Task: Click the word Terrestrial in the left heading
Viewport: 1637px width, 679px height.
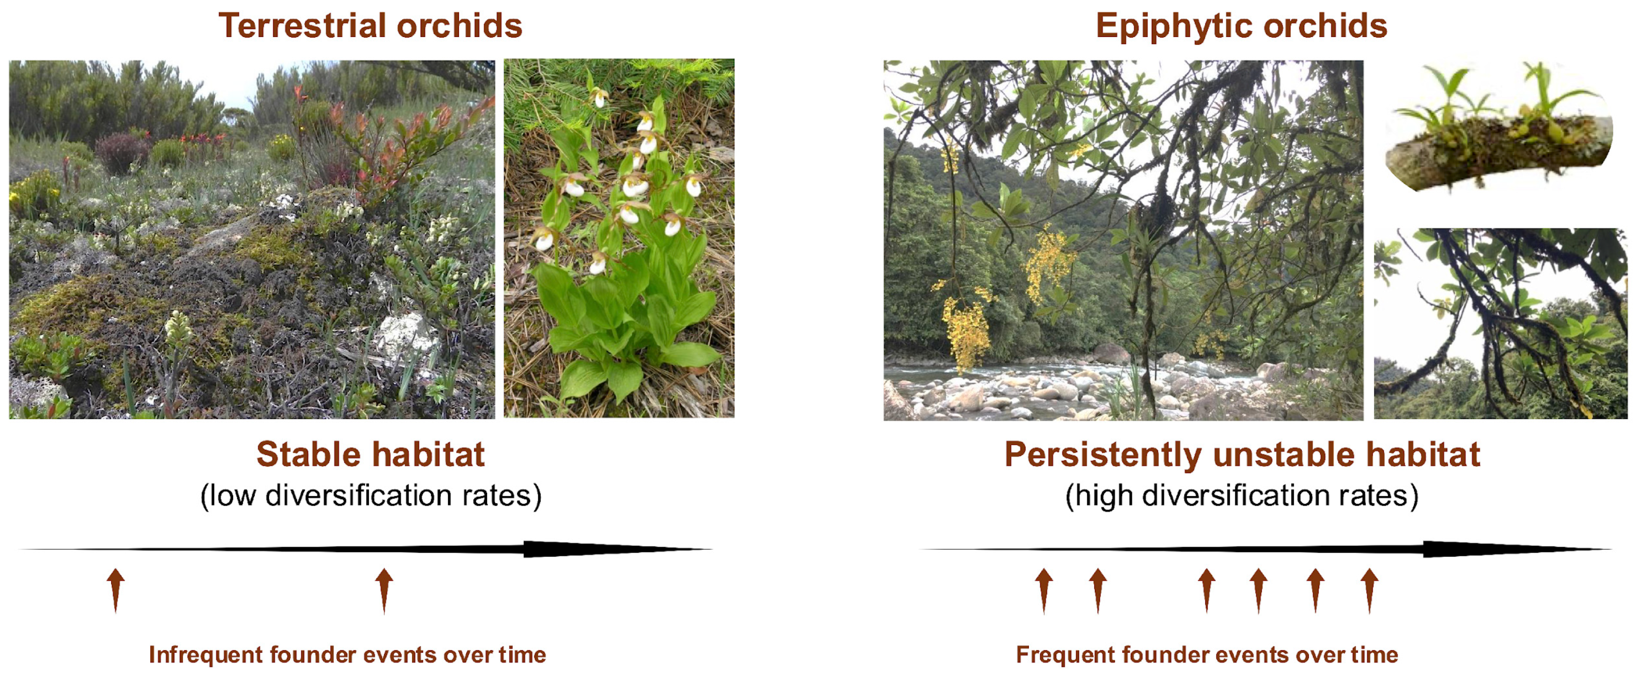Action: [302, 26]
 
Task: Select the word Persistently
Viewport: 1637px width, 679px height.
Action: [1103, 455]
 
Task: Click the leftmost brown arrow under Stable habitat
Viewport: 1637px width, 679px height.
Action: [116, 591]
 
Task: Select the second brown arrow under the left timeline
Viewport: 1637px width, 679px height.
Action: [384, 591]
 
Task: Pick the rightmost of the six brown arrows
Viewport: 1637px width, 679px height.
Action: [1370, 591]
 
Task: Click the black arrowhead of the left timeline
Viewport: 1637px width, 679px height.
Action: [610, 549]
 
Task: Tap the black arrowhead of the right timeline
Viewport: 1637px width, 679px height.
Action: [1512, 549]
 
